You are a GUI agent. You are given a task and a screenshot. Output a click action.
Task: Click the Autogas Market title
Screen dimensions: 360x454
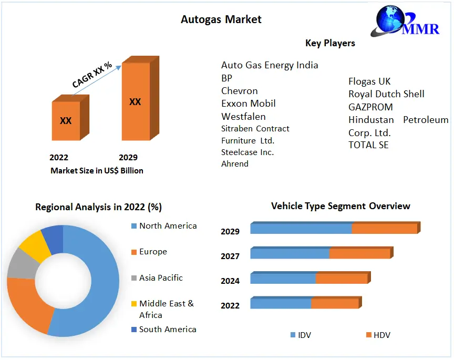[x=221, y=19]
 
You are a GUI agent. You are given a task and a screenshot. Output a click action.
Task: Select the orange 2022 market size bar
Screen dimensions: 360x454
[x=66, y=120]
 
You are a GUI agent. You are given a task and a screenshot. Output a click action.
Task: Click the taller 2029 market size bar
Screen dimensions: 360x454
[x=136, y=101]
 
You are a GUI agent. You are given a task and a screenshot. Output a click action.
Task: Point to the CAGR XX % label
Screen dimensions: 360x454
[x=92, y=75]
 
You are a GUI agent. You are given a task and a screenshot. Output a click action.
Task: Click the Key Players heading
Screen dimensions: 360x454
[x=330, y=43]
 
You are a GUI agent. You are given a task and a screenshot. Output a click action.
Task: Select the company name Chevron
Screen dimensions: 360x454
[x=240, y=91]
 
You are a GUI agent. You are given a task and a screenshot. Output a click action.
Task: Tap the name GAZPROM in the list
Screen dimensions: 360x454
[x=370, y=107]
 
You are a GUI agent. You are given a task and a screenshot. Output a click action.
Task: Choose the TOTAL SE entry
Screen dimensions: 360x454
[x=368, y=145]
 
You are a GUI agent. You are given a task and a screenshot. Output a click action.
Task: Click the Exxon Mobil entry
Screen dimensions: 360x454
[x=249, y=104]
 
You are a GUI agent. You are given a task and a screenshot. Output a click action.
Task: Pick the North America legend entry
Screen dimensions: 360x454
[x=168, y=226]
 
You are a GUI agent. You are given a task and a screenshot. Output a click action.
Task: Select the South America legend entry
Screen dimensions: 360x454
[x=168, y=330]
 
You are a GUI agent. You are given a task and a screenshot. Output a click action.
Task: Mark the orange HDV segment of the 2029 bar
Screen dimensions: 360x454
[x=384, y=229]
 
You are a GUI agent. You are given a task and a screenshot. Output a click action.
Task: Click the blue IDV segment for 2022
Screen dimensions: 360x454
[x=281, y=304]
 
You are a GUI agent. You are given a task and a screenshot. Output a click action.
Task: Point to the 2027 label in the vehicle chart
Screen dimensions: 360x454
[x=230, y=256]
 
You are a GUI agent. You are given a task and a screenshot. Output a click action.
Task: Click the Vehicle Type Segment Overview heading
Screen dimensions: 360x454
[x=340, y=206]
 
